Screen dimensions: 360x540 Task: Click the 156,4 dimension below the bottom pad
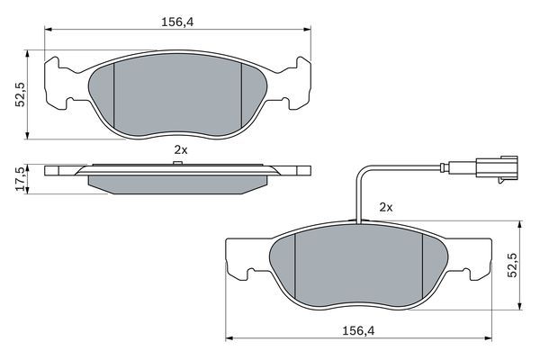coord(358,331)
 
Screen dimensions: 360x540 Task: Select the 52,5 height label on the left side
coord(18,94)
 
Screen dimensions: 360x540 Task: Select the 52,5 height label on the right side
coord(514,267)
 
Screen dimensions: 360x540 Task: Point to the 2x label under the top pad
coord(180,150)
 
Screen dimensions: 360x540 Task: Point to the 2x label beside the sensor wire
coord(387,206)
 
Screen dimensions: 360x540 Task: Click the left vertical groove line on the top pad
coord(116,94)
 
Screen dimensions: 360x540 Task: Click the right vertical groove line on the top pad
coord(243,94)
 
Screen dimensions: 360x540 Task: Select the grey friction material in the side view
coord(180,184)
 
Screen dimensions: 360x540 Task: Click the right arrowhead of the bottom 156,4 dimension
coord(490,340)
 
